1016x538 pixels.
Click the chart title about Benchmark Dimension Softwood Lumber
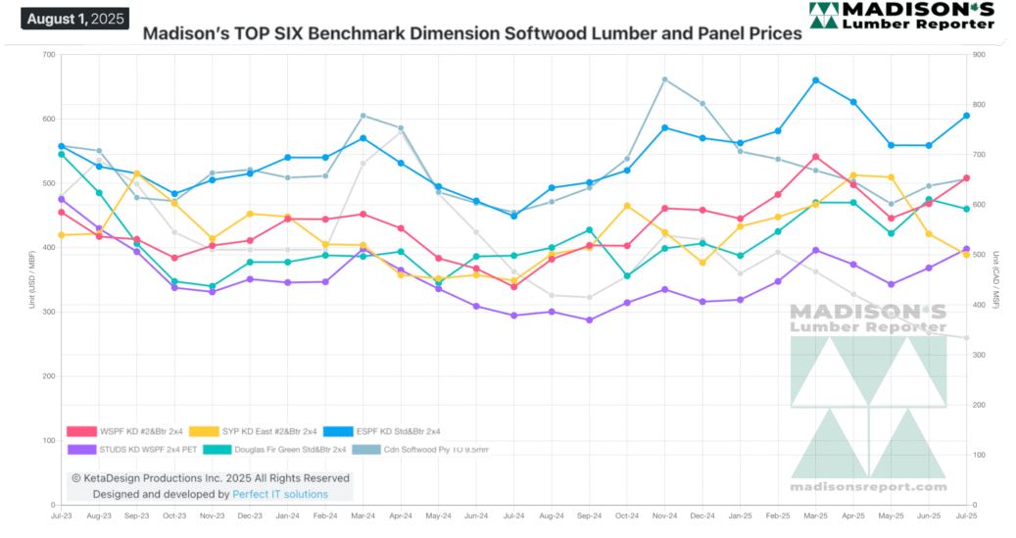[472, 33]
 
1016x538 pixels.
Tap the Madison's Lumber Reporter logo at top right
[901, 16]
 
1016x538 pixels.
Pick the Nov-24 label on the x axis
[665, 514]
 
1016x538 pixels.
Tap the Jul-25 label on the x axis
[966, 514]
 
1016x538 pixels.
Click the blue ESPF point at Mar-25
[815, 80]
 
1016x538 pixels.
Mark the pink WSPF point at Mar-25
[815, 157]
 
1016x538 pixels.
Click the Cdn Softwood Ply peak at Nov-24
[665, 79]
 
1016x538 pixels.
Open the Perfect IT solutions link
[280, 495]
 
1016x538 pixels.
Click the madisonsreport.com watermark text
[869, 487]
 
